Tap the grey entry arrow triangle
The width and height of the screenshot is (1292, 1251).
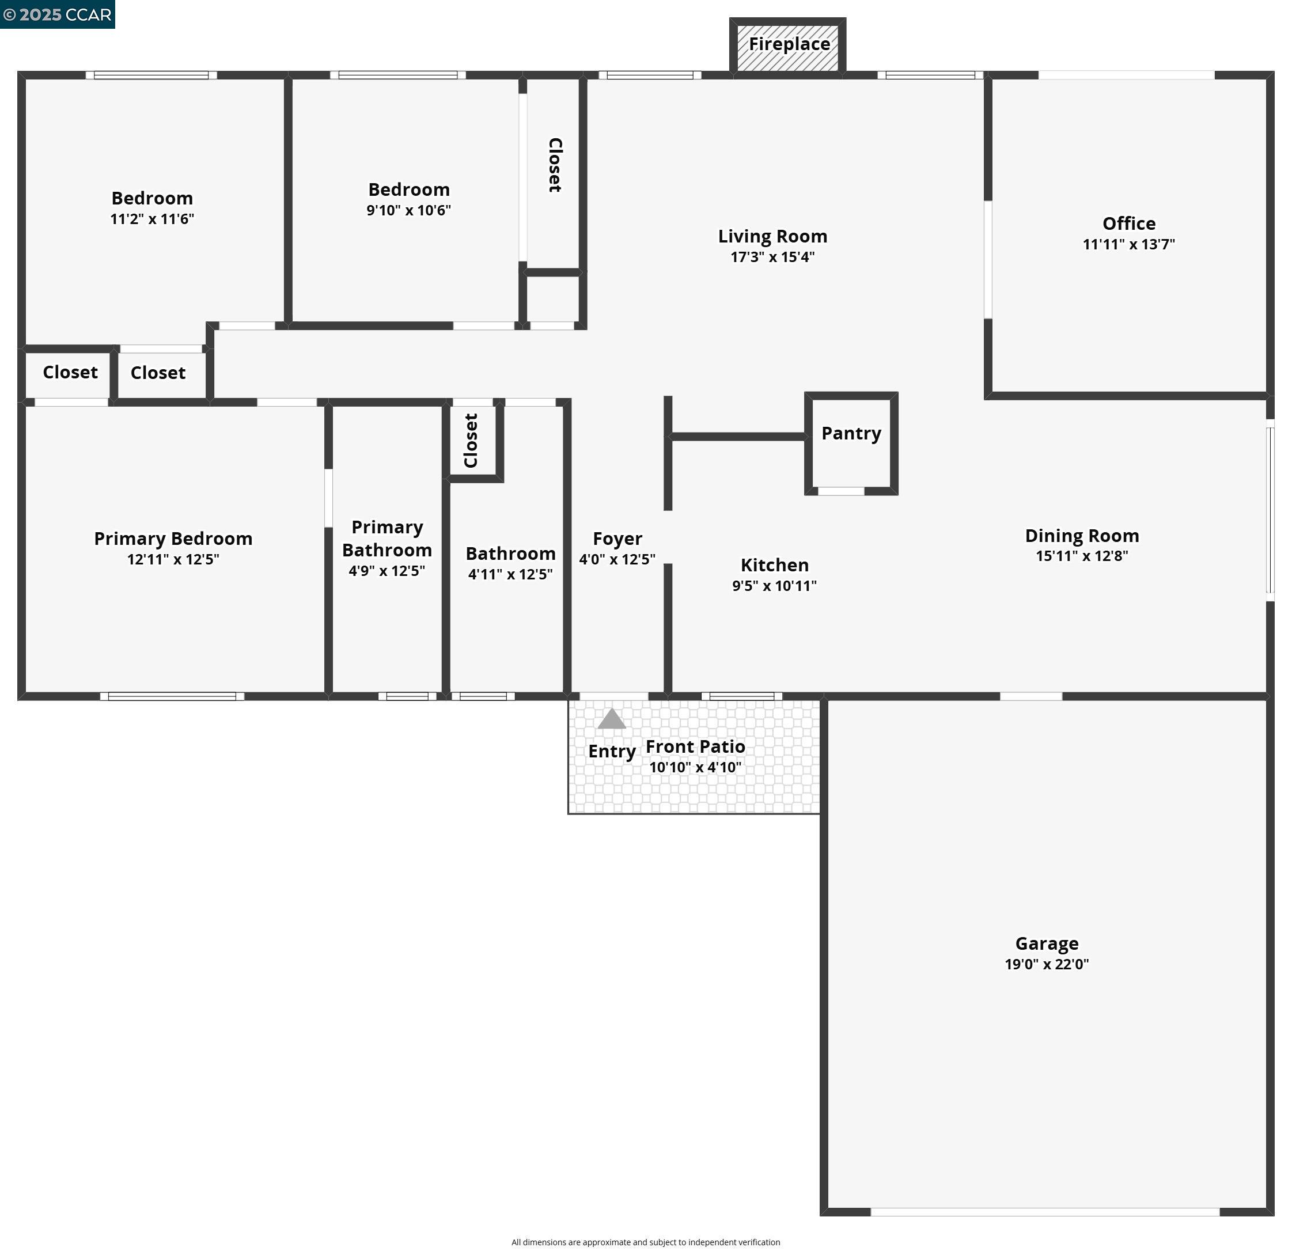point(612,719)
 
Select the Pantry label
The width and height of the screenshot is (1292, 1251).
point(851,433)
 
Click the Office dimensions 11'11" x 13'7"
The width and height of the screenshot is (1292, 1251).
point(1128,245)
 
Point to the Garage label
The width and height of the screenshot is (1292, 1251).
point(1047,943)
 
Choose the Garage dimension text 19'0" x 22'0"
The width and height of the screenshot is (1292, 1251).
point(1047,964)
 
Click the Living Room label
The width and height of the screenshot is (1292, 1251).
point(772,236)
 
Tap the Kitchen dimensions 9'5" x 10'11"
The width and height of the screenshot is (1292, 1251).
point(775,586)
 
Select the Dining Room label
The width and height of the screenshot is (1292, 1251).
point(1082,535)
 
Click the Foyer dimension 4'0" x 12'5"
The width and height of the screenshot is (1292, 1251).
point(617,560)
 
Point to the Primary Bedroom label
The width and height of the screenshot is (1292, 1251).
point(173,539)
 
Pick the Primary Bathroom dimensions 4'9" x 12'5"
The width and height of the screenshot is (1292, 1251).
point(387,571)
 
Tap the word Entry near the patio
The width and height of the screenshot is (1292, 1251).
point(612,752)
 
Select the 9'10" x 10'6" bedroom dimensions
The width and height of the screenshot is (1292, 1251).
point(409,210)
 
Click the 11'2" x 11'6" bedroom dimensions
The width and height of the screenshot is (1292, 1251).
point(152,219)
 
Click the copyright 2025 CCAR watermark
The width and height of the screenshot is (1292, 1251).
point(58,14)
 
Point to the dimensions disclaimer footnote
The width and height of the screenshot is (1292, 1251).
point(645,1242)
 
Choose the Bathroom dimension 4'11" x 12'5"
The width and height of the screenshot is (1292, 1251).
point(510,574)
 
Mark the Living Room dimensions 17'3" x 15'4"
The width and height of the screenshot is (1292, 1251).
point(772,257)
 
